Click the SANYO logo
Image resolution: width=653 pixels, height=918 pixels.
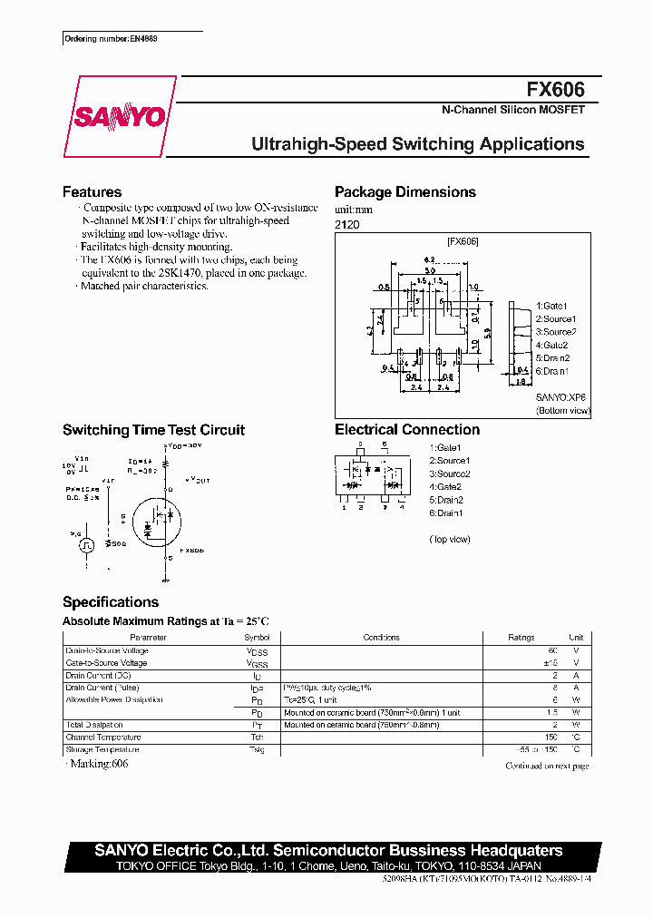[119, 116]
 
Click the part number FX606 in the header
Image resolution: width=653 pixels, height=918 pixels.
[555, 90]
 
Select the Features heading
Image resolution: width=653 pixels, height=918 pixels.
[92, 192]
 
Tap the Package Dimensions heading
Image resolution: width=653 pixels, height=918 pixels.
[405, 192]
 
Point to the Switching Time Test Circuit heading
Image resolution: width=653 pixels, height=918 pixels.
[153, 430]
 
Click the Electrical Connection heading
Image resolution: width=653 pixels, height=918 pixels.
[407, 430]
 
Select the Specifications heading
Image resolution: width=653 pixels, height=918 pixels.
[111, 602]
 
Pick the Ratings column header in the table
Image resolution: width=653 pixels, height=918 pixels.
[521, 638]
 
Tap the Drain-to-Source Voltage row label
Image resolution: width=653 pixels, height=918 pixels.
[107, 650]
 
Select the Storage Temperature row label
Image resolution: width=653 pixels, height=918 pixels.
[102, 750]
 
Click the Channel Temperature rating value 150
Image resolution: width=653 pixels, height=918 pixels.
[550, 737]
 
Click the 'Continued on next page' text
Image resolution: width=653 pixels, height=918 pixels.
[547, 767]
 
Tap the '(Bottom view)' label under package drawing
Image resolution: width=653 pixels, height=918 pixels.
[562, 410]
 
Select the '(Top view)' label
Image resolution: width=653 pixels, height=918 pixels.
[450, 539]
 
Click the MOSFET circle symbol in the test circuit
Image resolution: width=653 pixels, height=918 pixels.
[157, 519]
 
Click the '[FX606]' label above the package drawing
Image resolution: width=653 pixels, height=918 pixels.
[463, 242]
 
